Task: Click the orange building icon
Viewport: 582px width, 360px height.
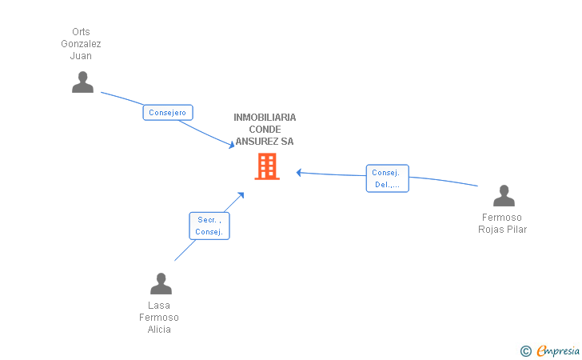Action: (x=267, y=166)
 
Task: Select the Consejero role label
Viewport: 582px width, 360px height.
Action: (x=168, y=113)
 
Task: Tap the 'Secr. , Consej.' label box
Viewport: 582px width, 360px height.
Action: (x=209, y=226)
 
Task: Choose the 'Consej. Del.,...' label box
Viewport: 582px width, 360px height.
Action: (x=387, y=178)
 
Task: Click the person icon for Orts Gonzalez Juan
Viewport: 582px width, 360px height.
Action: (x=82, y=82)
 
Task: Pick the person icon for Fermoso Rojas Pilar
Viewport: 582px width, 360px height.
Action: (x=504, y=195)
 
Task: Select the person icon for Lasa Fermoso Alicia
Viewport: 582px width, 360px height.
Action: (x=161, y=283)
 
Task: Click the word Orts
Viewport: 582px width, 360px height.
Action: (x=81, y=32)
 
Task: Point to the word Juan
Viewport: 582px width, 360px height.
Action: (x=81, y=56)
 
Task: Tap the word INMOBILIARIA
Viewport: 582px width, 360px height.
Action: (x=265, y=118)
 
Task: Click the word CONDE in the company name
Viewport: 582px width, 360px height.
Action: (x=265, y=130)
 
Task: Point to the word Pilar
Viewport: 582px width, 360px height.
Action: (x=517, y=230)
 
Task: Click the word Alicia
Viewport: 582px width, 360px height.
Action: (x=159, y=330)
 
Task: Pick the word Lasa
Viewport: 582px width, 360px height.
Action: (x=159, y=306)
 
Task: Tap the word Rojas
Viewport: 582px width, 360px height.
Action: (x=491, y=230)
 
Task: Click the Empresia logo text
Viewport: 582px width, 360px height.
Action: (x=558, y=351)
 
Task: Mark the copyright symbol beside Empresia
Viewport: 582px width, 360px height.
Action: (x=526, y=351)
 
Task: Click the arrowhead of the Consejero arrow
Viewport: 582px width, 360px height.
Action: (x=232, y=145)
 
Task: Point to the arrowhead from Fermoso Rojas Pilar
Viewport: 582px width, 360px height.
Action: (x=299, y=172)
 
